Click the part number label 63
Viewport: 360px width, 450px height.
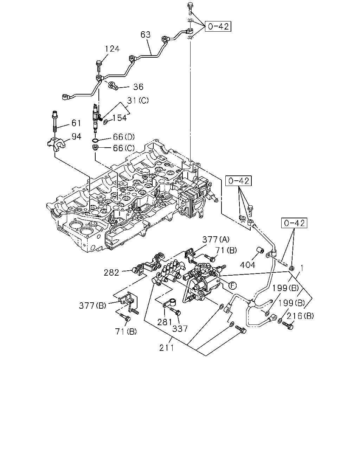click(x=146, y=34)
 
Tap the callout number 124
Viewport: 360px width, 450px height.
click(x=112, y=49)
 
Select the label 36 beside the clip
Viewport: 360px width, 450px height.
click(x=138, y=87)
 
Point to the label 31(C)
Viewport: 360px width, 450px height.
click(x=138, y=101)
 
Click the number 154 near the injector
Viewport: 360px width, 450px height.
click(x=120, y=118)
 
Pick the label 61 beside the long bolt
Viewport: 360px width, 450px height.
click(x=76, y=123)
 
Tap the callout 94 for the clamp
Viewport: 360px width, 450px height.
click(x=76, y=136)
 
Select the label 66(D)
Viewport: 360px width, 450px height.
click(x=124, y=137)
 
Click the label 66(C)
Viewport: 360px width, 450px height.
click(x=124, y=148)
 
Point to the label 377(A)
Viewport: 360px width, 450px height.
click(x=216, y=239)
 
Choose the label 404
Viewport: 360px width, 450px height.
click(x=247, y=265)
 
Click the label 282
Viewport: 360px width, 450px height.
click(x=111, y=272)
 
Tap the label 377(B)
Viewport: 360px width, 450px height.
click(x=92, y=306)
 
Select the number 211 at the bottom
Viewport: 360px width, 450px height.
click(x=167, y=348)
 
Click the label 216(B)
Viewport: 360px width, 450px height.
click(x=300, y=316)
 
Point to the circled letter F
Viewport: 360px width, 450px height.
click(x=232, y=285)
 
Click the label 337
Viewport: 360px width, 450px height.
click(x=180, y=329)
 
